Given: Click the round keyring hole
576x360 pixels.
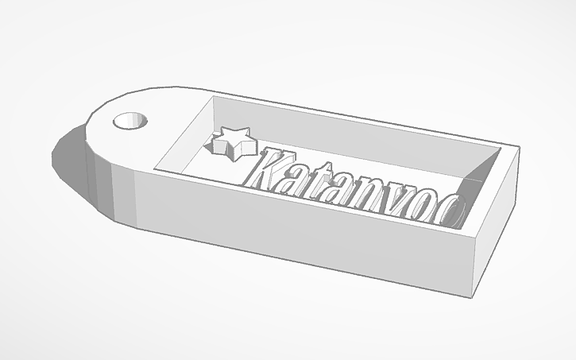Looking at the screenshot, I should pos(132,121).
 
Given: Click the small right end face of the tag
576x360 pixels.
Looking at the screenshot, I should pos(497,230).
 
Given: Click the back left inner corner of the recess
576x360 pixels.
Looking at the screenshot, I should pos(213,99).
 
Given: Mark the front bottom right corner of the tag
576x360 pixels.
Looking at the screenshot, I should pos(476,296).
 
